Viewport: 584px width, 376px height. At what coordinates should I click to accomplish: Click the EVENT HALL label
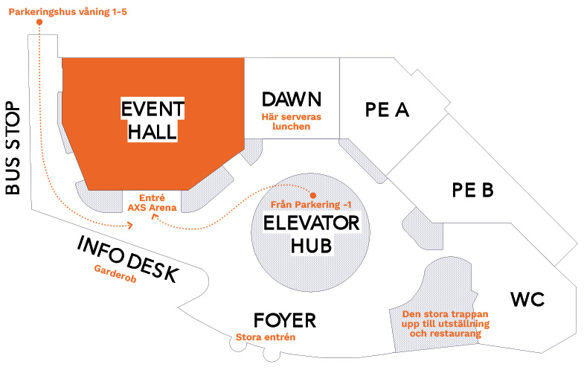pyautogui.click(x=153, y=120)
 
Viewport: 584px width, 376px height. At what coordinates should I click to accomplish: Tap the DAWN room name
pyautogui.click(x=291, y=100)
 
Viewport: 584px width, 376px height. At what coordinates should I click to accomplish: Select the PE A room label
pyautogui.click(x=387, y=110)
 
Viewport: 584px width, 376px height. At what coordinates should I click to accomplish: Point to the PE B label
pyautogui.click(x=472, y=190)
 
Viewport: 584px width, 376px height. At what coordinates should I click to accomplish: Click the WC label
pyautogui.click(x=527, y=299)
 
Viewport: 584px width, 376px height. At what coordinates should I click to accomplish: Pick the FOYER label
pyautogui.click(x=285, y=320)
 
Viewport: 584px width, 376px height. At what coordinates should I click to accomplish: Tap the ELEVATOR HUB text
pyautogui.click(x=312, y=235)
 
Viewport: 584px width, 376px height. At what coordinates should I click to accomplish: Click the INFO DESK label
pyautogui.click(x=128, y=259)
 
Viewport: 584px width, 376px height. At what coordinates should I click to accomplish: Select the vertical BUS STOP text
pyautogui.click(x=13, y=148)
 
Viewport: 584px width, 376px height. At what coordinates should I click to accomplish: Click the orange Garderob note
pyautogui.click(x=115, y=273)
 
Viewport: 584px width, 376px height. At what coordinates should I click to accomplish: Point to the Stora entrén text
pyautogui.click(x=266, y=337)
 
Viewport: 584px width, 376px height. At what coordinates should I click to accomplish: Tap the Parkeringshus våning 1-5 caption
pyautogui.click(x=68, y=12)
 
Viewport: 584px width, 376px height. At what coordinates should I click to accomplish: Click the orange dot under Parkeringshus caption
pyautogui.click(x=39, y=22)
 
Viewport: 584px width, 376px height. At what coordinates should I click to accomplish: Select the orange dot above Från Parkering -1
pyautogui.click(x=313, y=196)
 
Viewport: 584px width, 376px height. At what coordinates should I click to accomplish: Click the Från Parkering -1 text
pyautogui.click(x=311, y=205)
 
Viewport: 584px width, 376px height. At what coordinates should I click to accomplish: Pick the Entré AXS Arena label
pyautogui.click(x=152, y=203)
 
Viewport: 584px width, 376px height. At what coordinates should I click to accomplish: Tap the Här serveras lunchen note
pyautogui.click(x=291, y=121)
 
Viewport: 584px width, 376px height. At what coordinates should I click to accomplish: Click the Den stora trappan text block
pyautogui.click(x=446, y=324)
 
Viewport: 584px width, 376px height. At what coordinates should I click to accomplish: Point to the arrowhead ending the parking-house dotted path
pyautogui.click(x=130, y=225)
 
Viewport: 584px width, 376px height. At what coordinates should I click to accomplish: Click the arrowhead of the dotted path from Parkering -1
pyautogui.click(x=154, y=217)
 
